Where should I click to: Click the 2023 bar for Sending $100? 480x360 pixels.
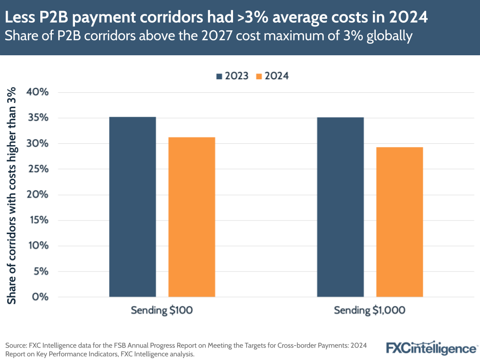(x=132, y=207)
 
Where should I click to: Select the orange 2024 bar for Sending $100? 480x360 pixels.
(x=191, y=217)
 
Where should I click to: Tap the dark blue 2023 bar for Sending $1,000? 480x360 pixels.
(x=340, y=207)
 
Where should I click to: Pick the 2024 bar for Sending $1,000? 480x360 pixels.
(x=399, y=222)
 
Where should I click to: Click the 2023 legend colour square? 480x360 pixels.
(x=220, y=76)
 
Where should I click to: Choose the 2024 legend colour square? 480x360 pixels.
(x=259, y=76)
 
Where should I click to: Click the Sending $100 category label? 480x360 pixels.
(x=162, y=310)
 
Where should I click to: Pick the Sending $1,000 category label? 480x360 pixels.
(x=369, y=310)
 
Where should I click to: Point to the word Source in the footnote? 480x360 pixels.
(x=16, y=345)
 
